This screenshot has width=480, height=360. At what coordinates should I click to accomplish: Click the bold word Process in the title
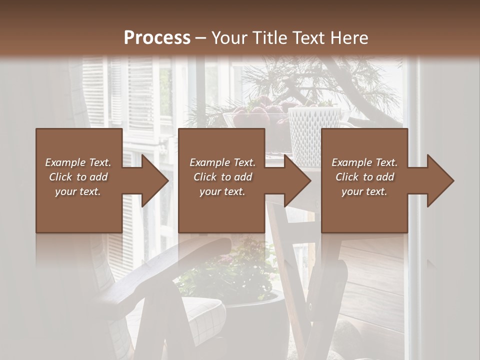(x=157, y=38)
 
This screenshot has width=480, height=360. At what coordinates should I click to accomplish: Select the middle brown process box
(x=221, y=145)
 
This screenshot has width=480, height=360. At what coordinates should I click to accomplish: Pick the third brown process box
(x=364, y=145)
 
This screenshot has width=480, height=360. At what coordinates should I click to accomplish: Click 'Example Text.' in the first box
(x=78, y=162)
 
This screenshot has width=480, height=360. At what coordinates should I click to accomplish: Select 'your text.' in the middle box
(x=222, y=191)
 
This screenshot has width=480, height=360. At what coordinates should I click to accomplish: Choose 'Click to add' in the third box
(x=364, y=177)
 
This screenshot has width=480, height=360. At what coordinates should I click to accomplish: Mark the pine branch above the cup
(x=320, y=80)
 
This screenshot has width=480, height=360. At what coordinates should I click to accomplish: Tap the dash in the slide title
(x=201, y=38)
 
